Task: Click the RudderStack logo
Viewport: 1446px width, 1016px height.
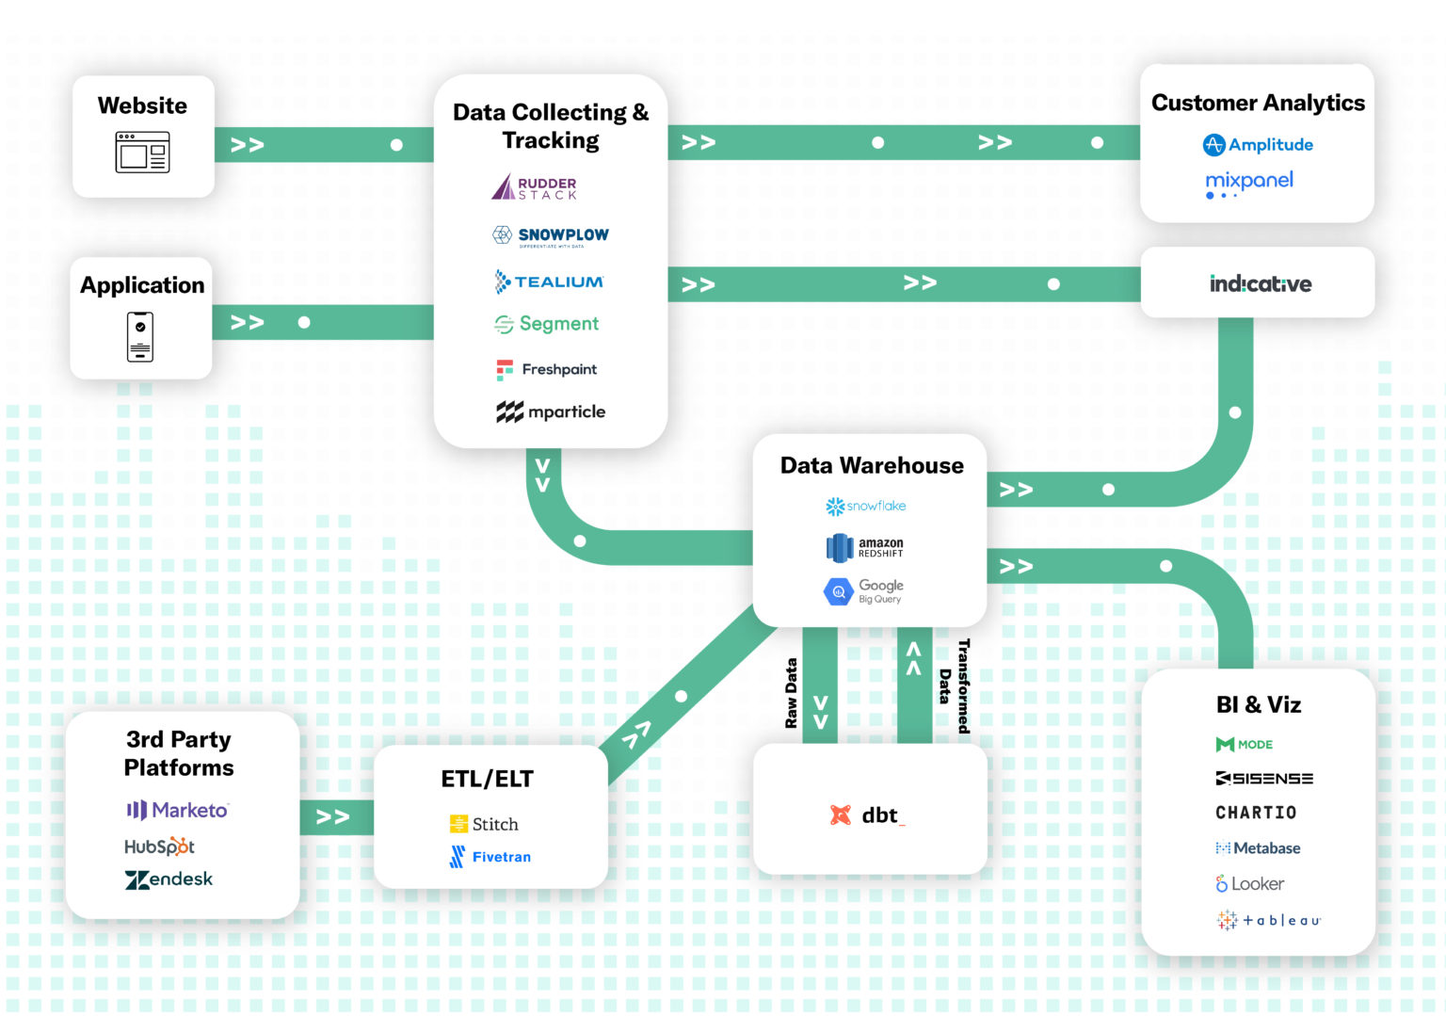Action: click(x=534, y=187)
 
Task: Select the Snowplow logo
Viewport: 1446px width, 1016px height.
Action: click(x=551, y=235)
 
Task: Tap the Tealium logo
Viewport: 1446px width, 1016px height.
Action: click(x=549, y=282)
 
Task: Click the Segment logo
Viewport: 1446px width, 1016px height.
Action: click(x=547, y=324)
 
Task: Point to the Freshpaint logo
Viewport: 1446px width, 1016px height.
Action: click(x=547, y=369)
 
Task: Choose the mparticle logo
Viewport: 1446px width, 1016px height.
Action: click(x=551, y=411)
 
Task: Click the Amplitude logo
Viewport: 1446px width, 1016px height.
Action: click(x=1258, y=145)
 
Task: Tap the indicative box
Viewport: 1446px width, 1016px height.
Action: click(x=1258, y=283)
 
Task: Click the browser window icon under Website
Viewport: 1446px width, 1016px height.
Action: click(x=142, y=152)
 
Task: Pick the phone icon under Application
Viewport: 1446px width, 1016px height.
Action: click(x=140, y=336)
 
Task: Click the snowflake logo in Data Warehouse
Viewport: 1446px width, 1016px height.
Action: click(x=865, y=507)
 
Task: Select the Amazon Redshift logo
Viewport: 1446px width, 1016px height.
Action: click(x=865, y=547)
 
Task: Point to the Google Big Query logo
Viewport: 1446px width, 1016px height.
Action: click(x=864, y=591)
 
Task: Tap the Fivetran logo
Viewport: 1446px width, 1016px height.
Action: click(x=490, y=857)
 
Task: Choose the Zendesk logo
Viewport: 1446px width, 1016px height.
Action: click(x=169, y=879)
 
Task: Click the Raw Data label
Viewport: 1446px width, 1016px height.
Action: click(x=791, y=693)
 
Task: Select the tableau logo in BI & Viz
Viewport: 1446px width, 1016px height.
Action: click(x=1268, y=920)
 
